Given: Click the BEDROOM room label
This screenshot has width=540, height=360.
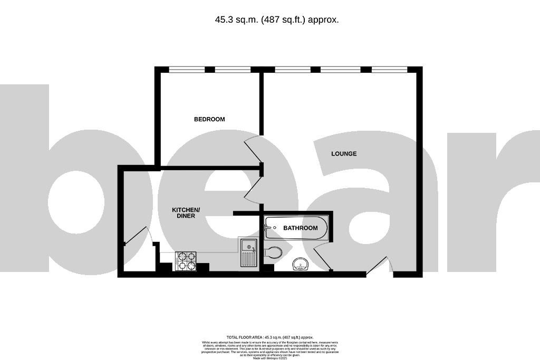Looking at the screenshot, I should (209, 119).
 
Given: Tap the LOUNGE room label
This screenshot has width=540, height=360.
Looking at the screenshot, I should (344, 154).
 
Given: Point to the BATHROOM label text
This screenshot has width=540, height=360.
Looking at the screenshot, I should (301, 228).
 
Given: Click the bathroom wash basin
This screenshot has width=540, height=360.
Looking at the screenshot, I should (301, 265).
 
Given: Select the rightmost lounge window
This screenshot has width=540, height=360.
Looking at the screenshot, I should (389, 69).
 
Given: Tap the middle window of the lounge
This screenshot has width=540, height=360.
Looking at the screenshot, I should (341, 69).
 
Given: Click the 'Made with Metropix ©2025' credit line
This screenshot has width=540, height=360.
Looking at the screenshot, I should (269, 358).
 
